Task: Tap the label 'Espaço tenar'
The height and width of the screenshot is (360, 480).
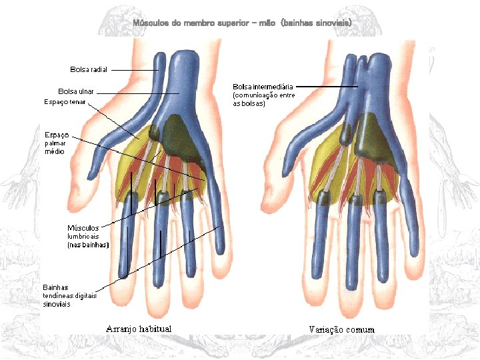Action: [65, 102]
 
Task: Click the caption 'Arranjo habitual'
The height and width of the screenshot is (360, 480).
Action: [139, 329]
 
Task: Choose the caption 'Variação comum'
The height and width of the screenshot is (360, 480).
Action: [341, 329]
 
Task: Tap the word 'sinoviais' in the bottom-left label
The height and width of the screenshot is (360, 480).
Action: [57, 304]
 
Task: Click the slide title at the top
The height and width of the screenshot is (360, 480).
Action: [242, 23]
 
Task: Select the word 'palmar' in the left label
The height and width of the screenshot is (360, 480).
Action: [55, 143]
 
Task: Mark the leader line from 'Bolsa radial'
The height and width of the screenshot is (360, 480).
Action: [133, 69]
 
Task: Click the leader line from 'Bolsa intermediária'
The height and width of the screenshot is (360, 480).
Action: [327, 87]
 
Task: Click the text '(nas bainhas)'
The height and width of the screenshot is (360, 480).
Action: [87, 245]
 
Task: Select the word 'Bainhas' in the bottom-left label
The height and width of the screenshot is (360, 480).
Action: [55, 287]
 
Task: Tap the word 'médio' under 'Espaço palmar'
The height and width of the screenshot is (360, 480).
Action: [55, 151]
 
